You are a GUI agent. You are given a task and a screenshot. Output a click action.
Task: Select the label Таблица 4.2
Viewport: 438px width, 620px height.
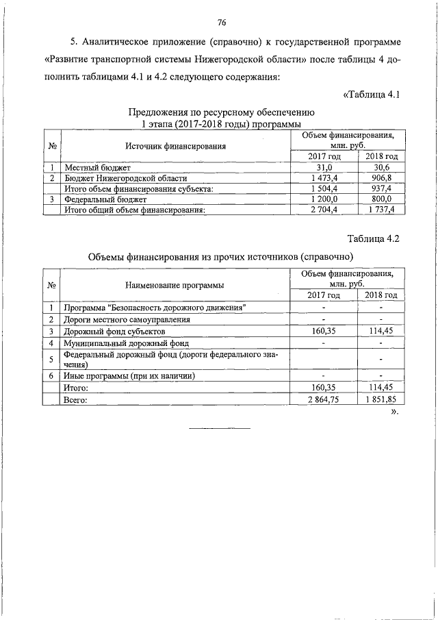(372, 238)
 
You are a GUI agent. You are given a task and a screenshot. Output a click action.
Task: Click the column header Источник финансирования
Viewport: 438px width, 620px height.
(175, 146)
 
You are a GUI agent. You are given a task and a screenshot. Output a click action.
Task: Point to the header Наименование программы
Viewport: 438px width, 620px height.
(175, 284)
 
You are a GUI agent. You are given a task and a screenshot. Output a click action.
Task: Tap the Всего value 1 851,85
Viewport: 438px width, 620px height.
(381, 400)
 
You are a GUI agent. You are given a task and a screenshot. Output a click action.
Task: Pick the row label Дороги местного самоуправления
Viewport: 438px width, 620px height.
(126, 319)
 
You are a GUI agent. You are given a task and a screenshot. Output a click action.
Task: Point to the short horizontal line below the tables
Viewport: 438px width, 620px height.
(219, 429)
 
